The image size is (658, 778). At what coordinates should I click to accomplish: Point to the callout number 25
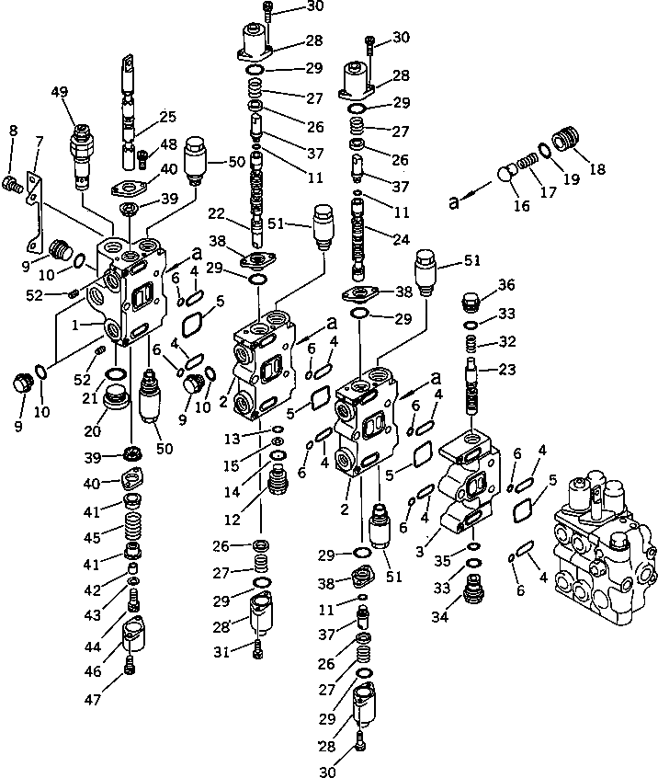167,117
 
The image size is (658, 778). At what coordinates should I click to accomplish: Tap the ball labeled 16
506,175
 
